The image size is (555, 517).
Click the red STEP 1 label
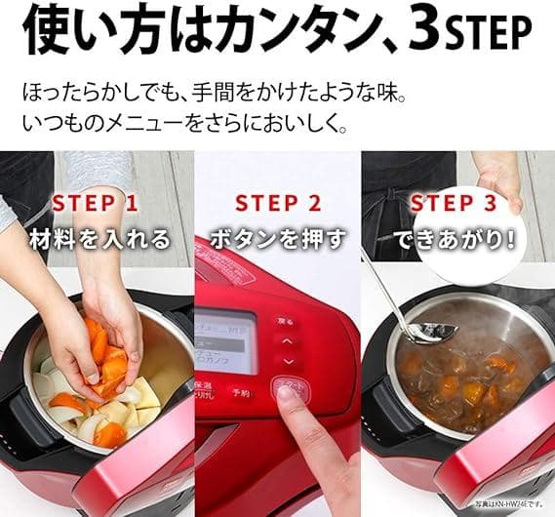pos(96,203)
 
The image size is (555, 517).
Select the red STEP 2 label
pos(278,204)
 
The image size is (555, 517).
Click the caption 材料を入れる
pos(99,238)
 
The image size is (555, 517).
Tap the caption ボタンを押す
pos(278,239)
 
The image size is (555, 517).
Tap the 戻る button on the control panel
pos(282,320)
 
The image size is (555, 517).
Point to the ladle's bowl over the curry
pos(432,331)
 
